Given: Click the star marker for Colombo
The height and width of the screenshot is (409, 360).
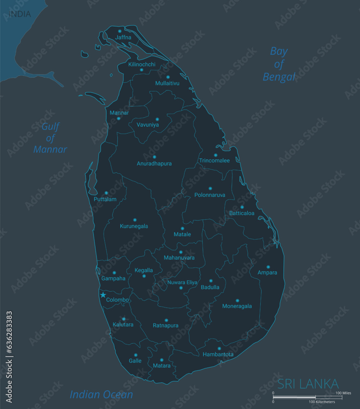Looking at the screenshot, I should point(103,295).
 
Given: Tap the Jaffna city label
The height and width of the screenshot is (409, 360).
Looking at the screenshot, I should point(123,37).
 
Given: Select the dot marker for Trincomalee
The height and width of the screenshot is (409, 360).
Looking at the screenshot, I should point(216,155).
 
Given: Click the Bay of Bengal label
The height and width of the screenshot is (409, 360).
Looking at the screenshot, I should point(279,64).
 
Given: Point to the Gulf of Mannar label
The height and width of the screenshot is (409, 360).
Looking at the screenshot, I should point(50,138).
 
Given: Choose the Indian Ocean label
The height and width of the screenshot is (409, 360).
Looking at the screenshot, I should point(101,394).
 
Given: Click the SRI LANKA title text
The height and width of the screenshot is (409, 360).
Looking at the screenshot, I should point(308,384).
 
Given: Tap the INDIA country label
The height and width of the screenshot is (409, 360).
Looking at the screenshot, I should point(20,14).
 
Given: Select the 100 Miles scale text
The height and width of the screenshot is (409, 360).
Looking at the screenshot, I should point(343,393).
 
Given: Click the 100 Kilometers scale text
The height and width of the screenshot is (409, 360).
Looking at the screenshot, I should point(322,402).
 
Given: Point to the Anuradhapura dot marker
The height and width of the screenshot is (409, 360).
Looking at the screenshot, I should point(154,157).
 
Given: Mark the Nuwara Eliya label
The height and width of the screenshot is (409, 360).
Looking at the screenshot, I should point(182,282).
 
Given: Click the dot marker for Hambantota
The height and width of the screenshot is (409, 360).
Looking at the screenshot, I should point(219,348).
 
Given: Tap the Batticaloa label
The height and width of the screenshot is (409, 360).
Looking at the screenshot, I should point(242,213).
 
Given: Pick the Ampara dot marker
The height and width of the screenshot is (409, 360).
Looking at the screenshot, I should point(268,267).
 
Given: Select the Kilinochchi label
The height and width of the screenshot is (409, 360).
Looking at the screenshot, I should point(142,64).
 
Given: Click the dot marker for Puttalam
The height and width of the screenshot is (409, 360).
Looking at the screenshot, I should point(106,193).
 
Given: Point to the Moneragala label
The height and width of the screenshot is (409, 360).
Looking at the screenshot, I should point(237,306).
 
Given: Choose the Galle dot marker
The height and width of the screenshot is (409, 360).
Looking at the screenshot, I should point(135,355).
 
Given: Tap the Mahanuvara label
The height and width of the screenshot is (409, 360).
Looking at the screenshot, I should point(179,258).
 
